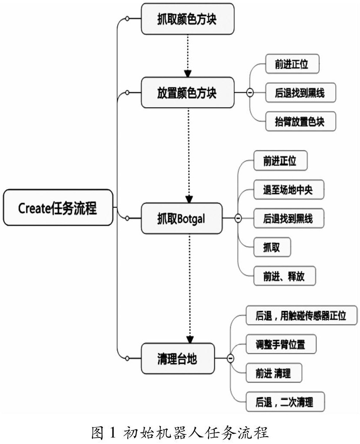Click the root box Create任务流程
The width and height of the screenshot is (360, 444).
point(58,208)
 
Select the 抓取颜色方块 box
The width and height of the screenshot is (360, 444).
point(187,19)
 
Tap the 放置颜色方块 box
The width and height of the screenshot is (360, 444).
point(187,93)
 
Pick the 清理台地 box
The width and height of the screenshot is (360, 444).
point(177,358)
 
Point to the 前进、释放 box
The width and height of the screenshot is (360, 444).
point(284,276)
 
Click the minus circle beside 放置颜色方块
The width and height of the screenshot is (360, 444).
point(249,93)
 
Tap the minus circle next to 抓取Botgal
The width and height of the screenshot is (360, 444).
point(238,218)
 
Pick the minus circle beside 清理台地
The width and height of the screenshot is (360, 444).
point(230,358)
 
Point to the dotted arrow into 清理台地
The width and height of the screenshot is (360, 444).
point(189,294)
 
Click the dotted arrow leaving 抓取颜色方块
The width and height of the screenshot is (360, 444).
point(188,54)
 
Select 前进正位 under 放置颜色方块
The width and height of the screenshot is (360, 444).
point(291,64)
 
